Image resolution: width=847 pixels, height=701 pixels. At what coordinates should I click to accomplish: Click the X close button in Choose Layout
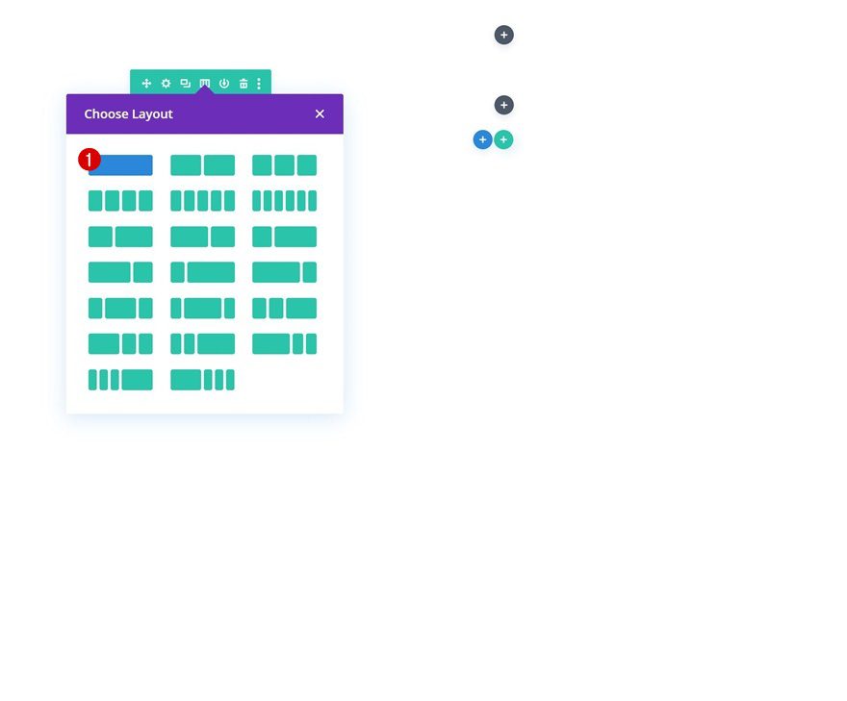pyautogui.click(x=320, y=113)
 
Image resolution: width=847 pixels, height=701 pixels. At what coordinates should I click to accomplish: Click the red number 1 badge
pyautogui.click(x=90, y=160)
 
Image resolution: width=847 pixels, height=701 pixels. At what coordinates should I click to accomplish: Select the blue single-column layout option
pyautogui.click(x=120, y=165)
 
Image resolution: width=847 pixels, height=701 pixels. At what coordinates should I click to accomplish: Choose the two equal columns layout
pyautogui.click(x=202, y=165)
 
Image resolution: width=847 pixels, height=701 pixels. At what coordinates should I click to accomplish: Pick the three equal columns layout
pyautogui.click(x=284, y=165)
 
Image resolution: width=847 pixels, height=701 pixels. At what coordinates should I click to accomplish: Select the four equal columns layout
pyautogui.click(x=120, y=201)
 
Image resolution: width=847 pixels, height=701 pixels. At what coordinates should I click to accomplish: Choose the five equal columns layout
pyautogui.click(x=202, y=201)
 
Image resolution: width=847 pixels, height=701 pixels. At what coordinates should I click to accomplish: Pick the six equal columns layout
pyautogui.click(x=284, y=201)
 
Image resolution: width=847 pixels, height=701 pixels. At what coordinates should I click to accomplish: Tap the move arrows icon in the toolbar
pyautogui.click(x=146, y=83)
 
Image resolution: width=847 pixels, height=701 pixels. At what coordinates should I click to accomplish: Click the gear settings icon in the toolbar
pyautogui.click(x=166, y=83)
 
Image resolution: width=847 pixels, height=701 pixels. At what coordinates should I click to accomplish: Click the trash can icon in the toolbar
pyautogui.click(x=244, y=83)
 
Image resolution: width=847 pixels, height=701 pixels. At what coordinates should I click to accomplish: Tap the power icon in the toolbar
pyautogui.click(x=224, y=83)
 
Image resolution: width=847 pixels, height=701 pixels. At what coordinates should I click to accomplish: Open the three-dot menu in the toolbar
pyautogui.click(x=259, y=83)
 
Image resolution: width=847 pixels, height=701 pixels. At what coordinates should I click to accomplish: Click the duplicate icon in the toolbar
pyautogui.click(x=185, y=83)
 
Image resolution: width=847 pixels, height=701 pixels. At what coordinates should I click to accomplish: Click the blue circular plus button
pyautogui.click(x=483, y=139)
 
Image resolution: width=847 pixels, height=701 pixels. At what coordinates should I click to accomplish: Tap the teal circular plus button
pyautogui.click(x=503, y=139)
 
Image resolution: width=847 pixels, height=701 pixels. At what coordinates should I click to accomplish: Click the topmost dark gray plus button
pyautogui.click(x=504, y=35)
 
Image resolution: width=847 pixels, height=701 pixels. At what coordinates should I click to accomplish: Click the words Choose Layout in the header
pyautogui.click(x=129, y=113)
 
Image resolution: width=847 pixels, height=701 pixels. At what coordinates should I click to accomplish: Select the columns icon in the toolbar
pyautogui.click(x=205, y=83)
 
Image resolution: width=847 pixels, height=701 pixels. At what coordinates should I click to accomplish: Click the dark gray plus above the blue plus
pyautogui.click(x=504, y=105)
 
